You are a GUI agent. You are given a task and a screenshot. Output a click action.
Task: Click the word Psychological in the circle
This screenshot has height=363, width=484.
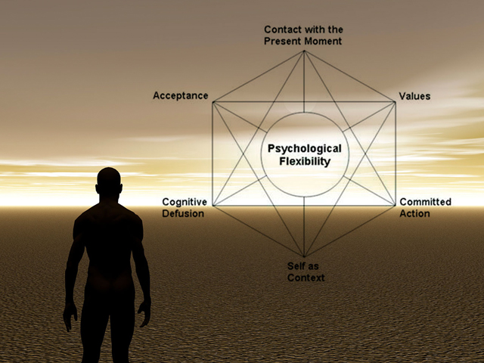[304, 149]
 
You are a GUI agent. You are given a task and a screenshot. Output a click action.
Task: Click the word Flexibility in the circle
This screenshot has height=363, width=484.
[304, 161]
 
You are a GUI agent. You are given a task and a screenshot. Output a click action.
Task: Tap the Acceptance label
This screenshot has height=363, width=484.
[181, 95]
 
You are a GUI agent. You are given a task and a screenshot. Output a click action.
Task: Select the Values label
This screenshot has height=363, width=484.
[414, 96]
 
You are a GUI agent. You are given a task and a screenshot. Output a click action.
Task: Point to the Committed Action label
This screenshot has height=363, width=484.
[425, 207]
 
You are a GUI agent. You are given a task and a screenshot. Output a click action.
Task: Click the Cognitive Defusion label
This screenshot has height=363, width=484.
[182, 207]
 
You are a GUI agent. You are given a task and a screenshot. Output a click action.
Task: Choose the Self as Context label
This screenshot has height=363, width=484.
[306, 272]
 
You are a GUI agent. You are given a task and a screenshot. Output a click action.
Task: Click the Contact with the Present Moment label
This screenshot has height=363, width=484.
[302, 35]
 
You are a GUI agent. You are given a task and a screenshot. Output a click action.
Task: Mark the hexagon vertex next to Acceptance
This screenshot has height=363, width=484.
[213, 101]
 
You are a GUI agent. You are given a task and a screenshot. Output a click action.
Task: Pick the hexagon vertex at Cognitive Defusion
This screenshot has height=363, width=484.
[213, 205]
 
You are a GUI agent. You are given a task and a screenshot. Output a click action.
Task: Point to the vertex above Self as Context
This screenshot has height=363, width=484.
[304, 256]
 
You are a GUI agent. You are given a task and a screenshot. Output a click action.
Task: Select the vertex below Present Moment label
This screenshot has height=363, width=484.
[304, 51]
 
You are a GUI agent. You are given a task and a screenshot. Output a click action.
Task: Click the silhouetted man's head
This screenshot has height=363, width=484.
[109, 184]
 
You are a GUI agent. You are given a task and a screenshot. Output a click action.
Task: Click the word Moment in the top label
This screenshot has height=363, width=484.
[324, 41]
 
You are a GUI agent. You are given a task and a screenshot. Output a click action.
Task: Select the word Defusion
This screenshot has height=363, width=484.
[182, 213]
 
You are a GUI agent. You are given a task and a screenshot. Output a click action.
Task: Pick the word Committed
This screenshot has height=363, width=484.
[425, 202]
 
